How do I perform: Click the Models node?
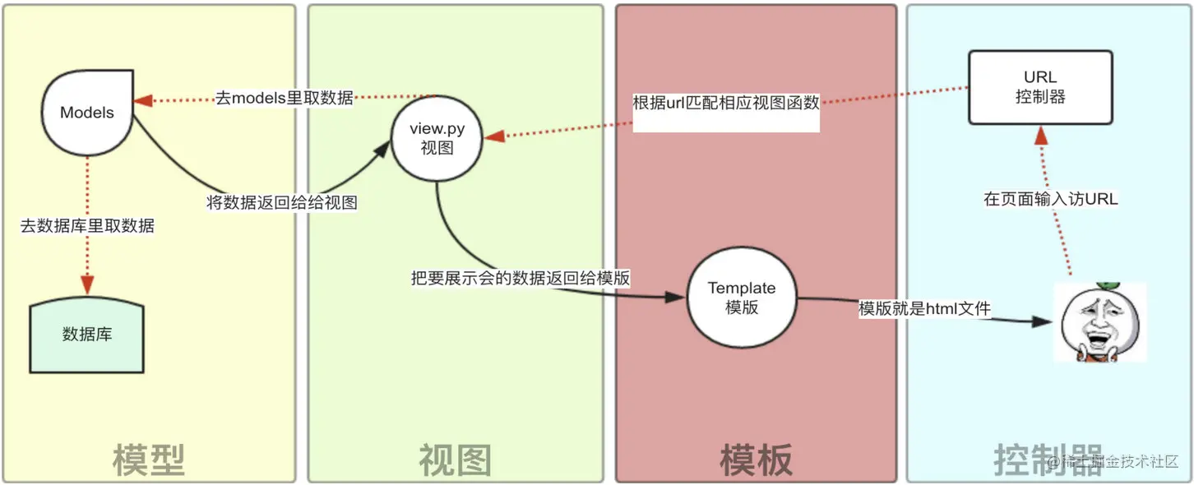coord(87,112)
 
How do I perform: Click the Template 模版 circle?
coord(742,298)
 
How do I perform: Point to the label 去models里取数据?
coord(284,98)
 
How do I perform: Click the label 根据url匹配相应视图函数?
coord(726,104)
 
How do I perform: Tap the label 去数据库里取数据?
coord(87,225)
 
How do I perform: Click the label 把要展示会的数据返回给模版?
coord(521,278)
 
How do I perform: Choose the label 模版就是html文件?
coord(924,309)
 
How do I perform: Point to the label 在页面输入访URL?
coord(1051,199)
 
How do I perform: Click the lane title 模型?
coord(148,460)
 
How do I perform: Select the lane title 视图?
coord(455,460)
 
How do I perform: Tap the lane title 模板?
coord(757,460)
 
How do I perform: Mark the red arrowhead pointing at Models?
coord(142,100)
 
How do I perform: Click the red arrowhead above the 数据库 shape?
coord(87,284)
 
